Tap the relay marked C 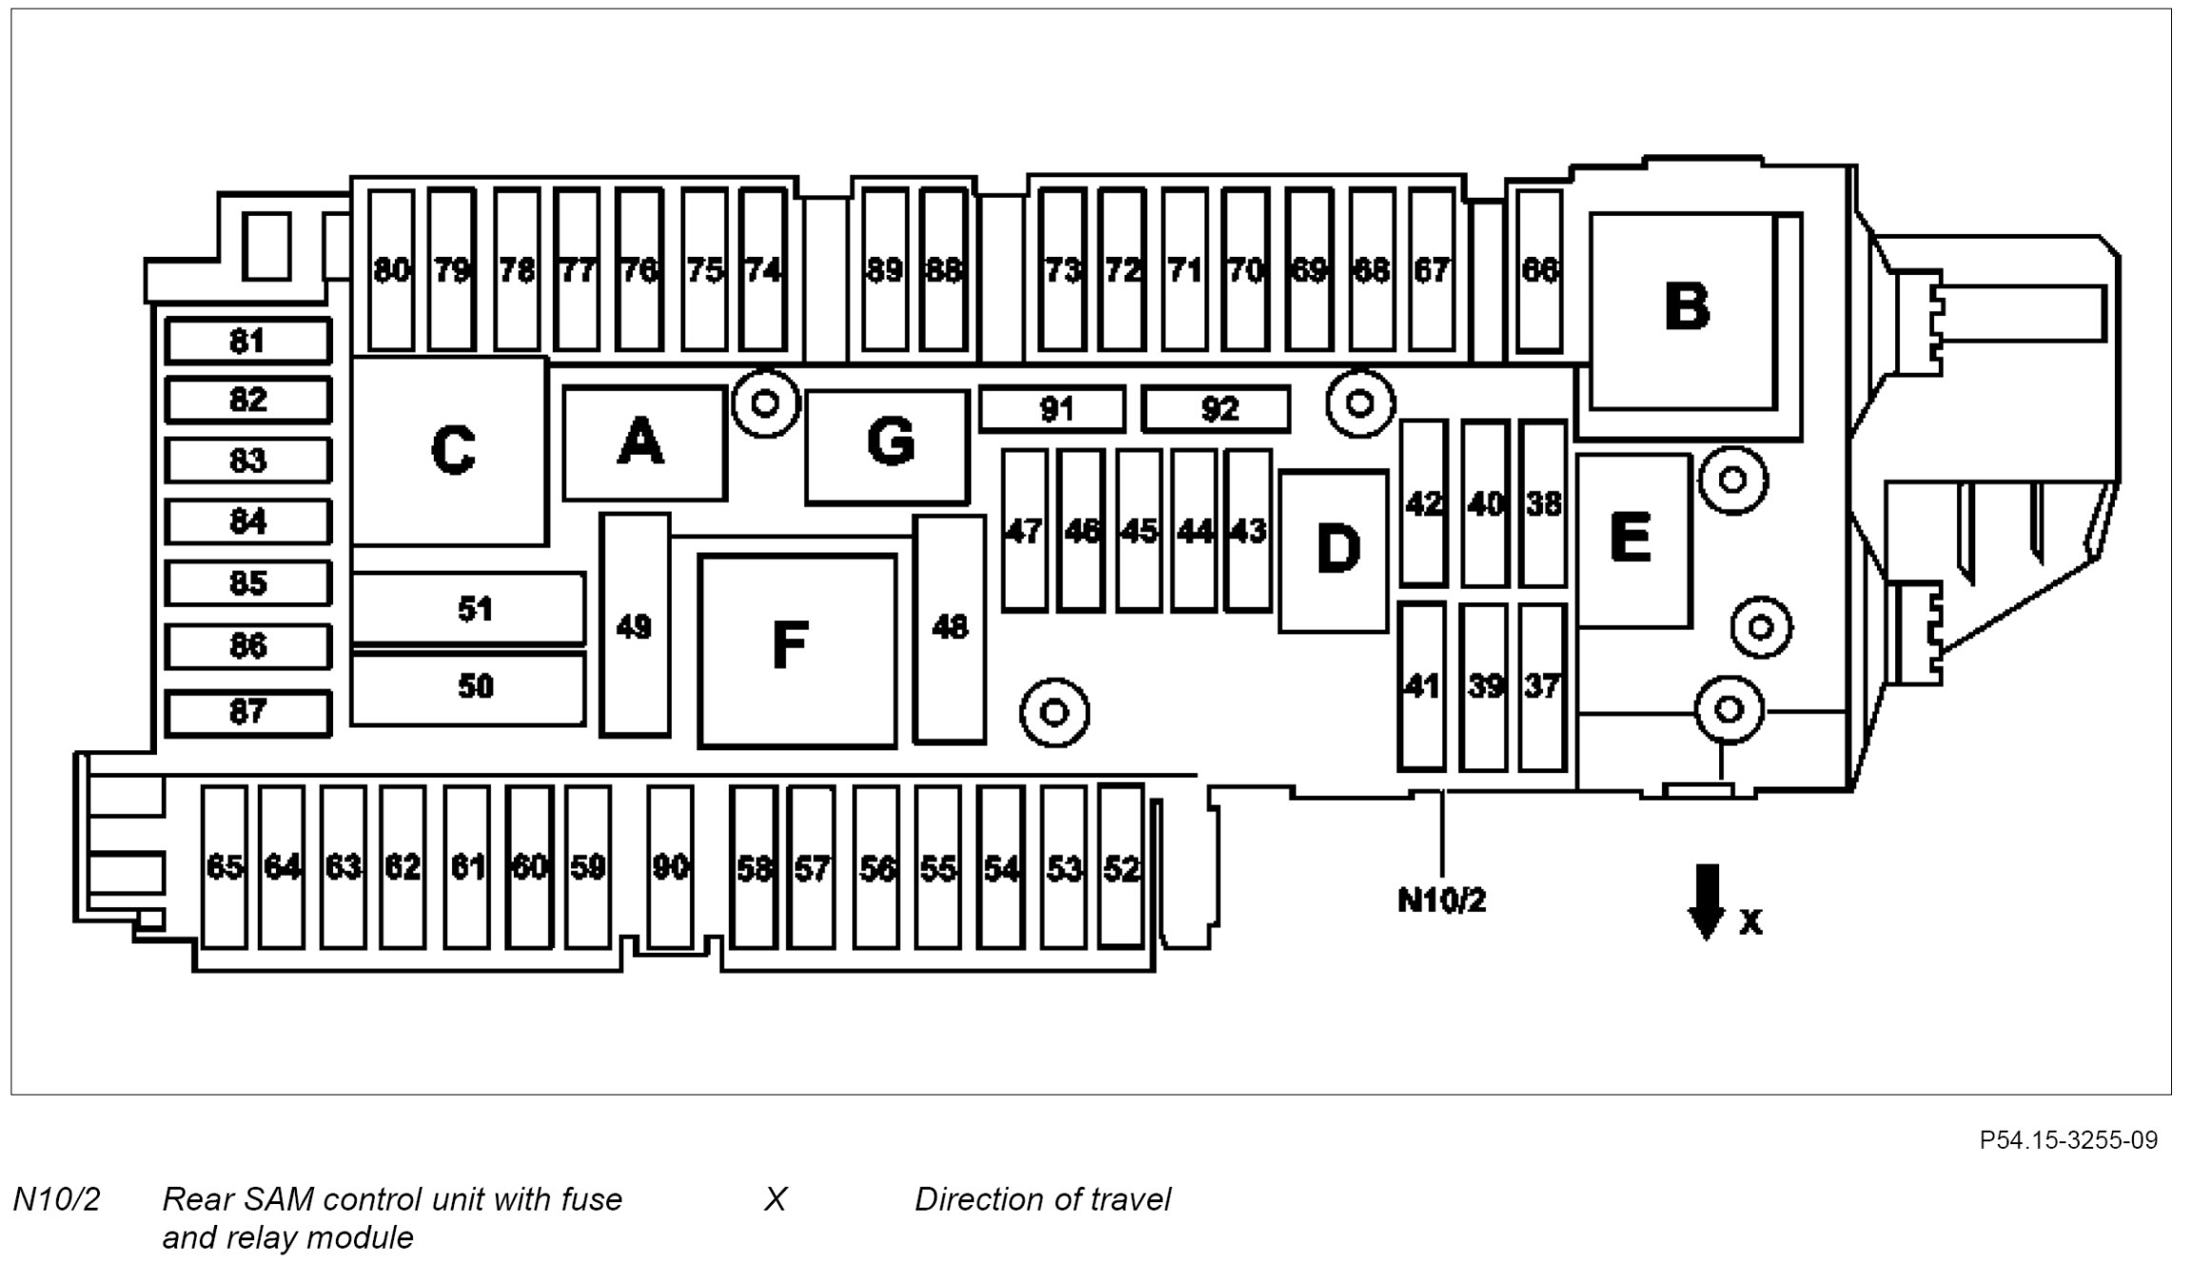tap(450, 450)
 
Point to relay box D tap(1334, 550)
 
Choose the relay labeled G tap(887, 444)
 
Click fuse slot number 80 tap(391, 270)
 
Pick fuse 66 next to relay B tap(1538, 270)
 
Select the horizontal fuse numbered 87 tap(247, 712)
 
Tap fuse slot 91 tap(1052, 409)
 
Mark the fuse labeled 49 tap(635, 626)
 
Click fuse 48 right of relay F tap(949, 628)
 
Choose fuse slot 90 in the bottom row tap(670, 866)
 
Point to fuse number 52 tap(1121, 866)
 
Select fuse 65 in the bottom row tap(225, 866)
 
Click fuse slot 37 tap(1542, 686)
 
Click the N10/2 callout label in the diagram tap(1440, 900)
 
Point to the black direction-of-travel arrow tap(1707, 901)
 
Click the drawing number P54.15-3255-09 tap(2068, 1140)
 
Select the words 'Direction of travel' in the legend tap(1042, 1199)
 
